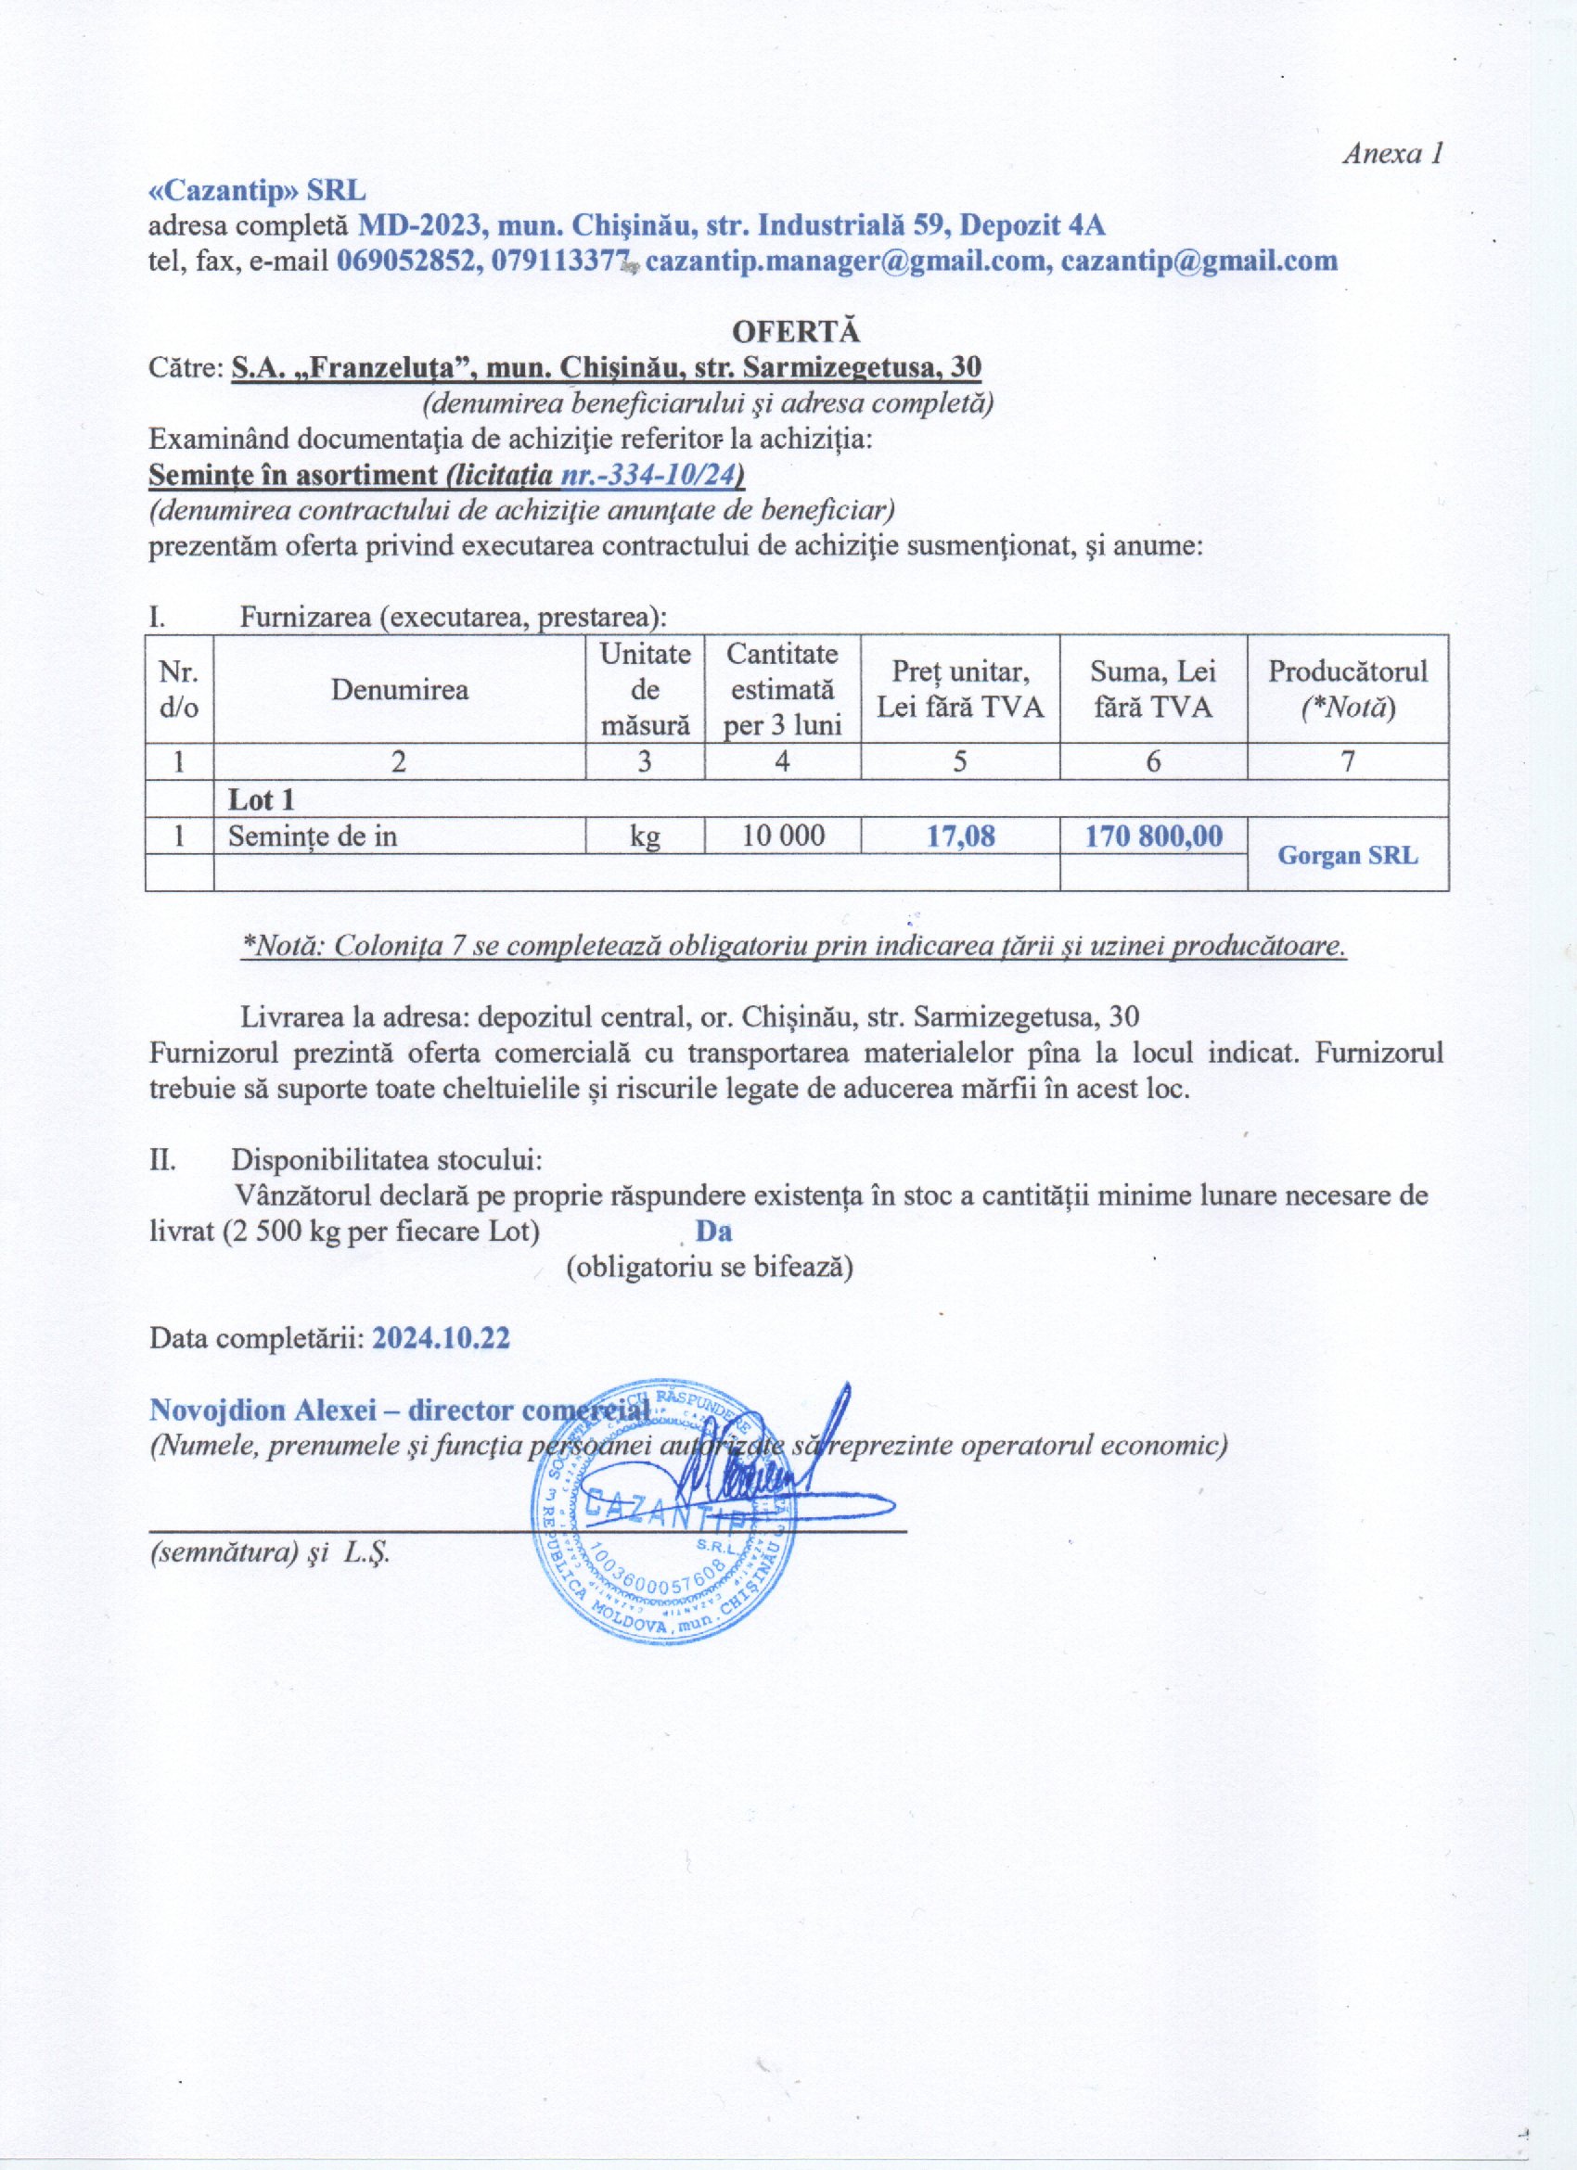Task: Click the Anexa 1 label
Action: (1391, 153)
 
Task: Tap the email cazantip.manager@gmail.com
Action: (848, 261)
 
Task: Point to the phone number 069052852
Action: (407, 261)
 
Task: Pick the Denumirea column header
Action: (399, 690)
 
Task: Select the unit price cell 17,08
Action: (960, 836)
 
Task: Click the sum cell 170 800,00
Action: (1153, 836)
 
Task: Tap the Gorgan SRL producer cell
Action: (1347, 855)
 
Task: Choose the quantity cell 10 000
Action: (782, 836)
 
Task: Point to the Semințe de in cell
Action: (312, 836)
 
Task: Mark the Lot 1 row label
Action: (261, 799)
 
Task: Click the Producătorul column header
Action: (1347, 689)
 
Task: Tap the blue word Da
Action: (713, 1231)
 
